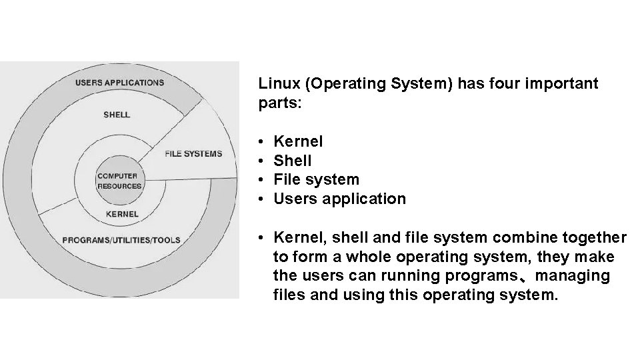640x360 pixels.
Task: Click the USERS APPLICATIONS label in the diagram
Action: click(119, 83)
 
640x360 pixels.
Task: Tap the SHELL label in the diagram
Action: click(117, 115)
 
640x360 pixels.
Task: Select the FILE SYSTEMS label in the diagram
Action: click(193, 154)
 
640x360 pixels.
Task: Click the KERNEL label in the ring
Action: click(123, 214)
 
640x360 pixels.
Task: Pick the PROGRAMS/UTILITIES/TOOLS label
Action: click(121, 239)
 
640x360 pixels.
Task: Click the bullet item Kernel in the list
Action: click(299, 141)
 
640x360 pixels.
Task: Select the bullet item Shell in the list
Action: click(293, 161)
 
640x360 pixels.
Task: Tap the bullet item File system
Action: click(316, 179)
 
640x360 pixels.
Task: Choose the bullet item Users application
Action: click(339, 199)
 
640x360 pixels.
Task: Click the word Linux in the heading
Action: click(277, 84)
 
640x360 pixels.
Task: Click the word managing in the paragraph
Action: click(577, 276)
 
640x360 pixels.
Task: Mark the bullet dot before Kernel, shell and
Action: click(265, 238)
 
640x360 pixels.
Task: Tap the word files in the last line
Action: click(289, 295)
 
